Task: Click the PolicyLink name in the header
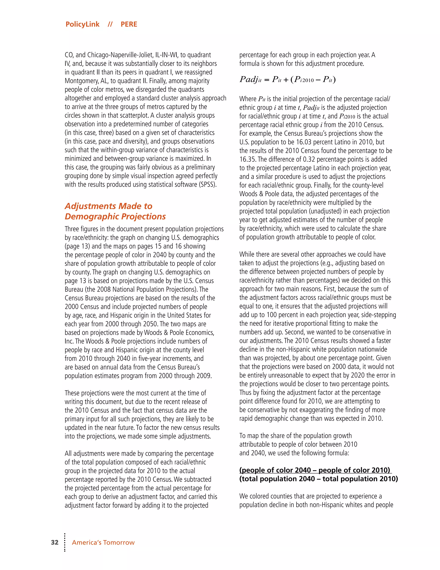tap(82, 24)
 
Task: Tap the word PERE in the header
tap(129, 24)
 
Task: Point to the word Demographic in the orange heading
tap(92, 216)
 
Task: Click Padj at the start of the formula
tap(249, 79)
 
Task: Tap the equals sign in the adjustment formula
tap(266, 80)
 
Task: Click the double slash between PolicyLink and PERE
tap(110, 24)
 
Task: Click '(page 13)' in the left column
tap(77, 246)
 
